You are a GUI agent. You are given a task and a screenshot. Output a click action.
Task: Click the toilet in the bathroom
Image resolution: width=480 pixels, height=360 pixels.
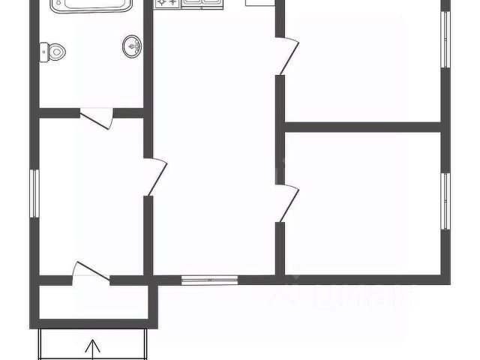tap(55, 52)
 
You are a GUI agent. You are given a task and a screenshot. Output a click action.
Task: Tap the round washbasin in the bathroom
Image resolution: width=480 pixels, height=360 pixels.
tap(132, 46)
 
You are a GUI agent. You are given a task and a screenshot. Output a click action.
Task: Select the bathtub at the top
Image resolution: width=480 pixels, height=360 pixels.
tap(92, 5)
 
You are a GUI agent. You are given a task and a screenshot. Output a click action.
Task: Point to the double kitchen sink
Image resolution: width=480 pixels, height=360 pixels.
tap(200, 4)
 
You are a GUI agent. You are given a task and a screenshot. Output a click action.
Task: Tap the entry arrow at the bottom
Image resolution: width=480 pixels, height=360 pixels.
tap(94, 349)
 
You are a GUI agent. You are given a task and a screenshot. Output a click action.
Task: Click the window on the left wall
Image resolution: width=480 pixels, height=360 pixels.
tap(34, 193)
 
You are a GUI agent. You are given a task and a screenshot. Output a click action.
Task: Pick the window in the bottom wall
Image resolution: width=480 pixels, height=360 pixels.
tap(209, 281)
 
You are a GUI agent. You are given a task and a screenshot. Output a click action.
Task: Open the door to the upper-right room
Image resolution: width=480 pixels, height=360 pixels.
tap(286, 55)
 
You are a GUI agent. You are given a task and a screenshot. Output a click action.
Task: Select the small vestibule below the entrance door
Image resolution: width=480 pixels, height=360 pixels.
tap(94, 304)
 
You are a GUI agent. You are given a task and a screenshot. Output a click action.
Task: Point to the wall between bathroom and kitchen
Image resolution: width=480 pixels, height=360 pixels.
tap(148, 60)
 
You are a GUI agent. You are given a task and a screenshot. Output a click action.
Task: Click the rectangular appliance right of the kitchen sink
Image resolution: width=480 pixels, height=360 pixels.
tap(257, 3)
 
